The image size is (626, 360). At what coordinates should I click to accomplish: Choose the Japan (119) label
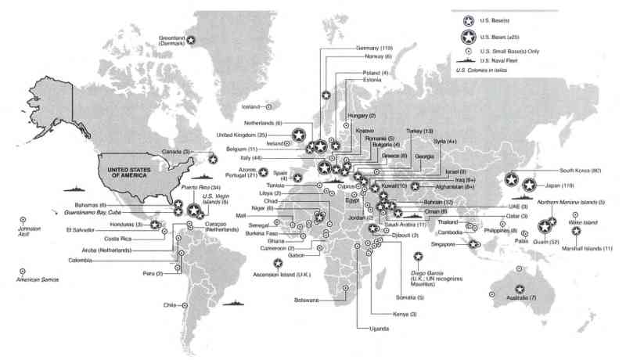559,186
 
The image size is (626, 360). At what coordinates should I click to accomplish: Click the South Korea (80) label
580,169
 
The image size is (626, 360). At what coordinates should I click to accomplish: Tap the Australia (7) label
523,298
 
